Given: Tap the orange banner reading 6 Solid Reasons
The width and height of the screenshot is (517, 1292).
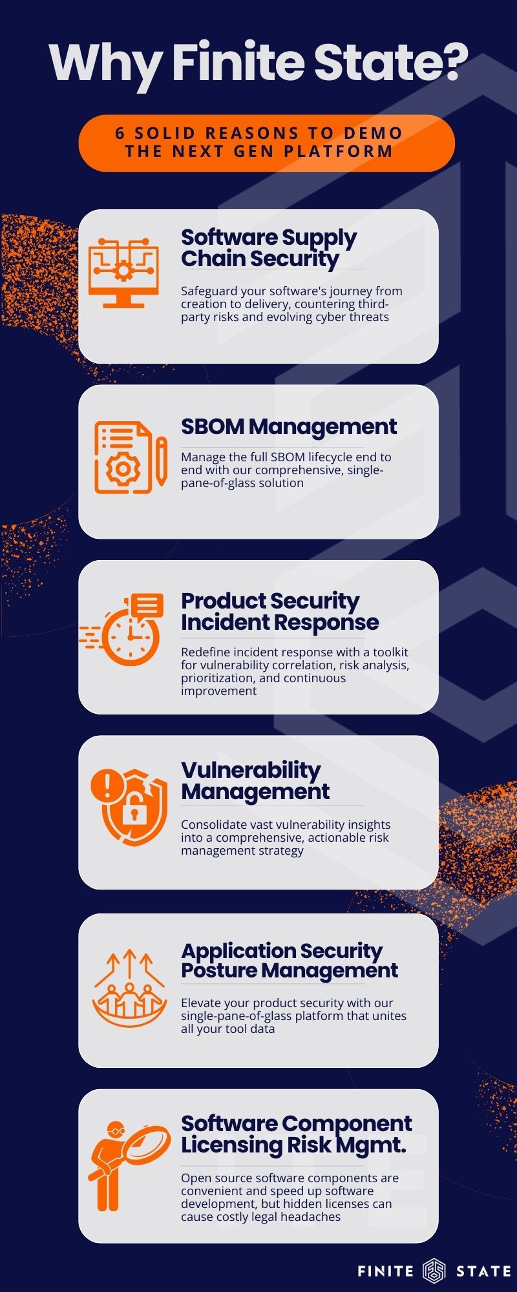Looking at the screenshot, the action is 266,143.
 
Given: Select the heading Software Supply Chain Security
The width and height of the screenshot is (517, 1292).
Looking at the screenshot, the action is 269,248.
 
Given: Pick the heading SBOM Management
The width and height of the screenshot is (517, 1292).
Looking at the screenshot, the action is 289,426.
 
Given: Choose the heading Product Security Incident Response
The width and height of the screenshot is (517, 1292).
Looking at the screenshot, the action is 280,611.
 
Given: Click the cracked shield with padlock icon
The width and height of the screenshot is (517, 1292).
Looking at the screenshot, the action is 129,807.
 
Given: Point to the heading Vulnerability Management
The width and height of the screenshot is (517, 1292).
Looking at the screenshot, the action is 255,780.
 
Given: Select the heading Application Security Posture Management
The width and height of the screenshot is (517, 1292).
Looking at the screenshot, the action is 290,961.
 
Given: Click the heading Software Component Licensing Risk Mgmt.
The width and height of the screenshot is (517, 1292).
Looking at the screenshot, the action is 296,1134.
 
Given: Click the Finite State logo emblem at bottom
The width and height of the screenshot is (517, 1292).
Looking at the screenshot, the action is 434,1271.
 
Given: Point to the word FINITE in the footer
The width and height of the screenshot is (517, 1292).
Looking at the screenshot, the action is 386,1271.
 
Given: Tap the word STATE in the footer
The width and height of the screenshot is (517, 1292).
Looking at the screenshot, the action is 483,1271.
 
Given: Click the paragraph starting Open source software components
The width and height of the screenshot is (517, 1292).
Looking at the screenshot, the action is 290,1197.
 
